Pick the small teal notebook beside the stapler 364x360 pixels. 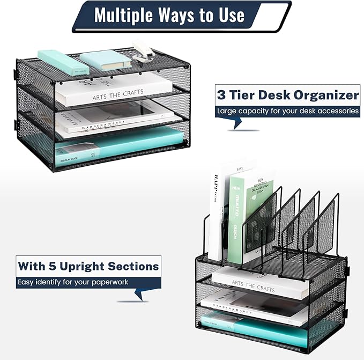tap(106, 59)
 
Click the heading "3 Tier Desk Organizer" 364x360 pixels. tap(287, 95)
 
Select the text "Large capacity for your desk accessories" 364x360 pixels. tap(287, 112)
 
